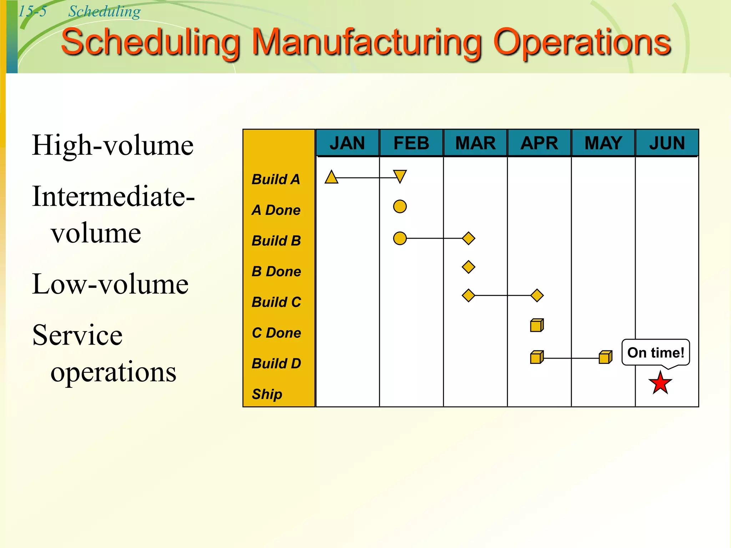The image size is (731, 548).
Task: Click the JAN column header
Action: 347,143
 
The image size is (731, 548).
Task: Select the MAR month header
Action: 475,143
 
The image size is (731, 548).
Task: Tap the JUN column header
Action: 667,143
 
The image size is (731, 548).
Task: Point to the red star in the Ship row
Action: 660,383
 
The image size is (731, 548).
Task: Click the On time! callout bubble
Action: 656,352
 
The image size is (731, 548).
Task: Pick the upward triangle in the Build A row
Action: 332,177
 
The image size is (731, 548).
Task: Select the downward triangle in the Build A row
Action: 400,176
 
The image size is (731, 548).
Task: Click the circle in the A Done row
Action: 400,207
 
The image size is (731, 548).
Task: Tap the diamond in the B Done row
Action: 468,267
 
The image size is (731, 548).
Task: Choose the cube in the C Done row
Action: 537,325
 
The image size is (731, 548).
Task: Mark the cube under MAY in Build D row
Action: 605,357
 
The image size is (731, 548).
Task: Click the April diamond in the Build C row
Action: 537,295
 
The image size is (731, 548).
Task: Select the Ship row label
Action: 267,394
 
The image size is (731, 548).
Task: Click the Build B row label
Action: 276,241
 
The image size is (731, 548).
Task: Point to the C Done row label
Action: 276,333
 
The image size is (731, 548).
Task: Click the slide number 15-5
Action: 32,11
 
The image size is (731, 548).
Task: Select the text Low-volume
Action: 110,284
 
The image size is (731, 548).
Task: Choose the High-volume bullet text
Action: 113,145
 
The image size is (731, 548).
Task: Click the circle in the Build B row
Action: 400,238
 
